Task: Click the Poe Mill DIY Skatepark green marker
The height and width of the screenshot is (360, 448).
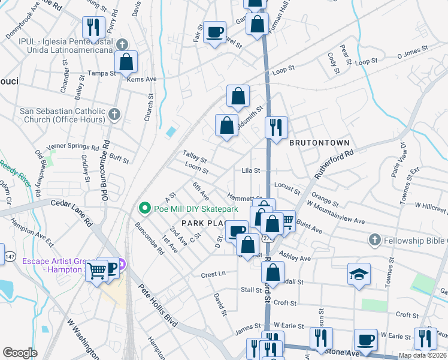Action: (x=144, y=209)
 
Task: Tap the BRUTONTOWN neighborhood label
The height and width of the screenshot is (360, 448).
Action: (x=319, y=143)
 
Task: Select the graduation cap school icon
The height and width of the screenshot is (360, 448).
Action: (x=359, y=275)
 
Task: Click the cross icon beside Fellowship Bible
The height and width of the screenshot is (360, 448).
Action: (x=375, y=241)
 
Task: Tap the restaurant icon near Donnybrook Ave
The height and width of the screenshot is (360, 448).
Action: (x=93, y=27)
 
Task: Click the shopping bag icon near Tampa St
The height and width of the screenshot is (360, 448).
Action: (x=126, y=61)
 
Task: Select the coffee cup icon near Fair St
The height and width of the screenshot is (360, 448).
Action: (x=214, y=32)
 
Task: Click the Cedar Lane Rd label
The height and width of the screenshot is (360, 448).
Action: (x=71, y=212)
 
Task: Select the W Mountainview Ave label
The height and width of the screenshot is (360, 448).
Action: (x=335, y=213)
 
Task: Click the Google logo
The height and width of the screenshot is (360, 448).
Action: (x=20, y=353)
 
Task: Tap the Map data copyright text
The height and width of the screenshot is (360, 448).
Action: (x=422, y=355)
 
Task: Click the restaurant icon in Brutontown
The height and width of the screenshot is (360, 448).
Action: (x=276, y=127)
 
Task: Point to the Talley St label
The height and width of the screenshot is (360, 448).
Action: (x=195, y=159)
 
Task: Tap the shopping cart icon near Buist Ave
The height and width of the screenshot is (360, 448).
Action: (x=286, y=221)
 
